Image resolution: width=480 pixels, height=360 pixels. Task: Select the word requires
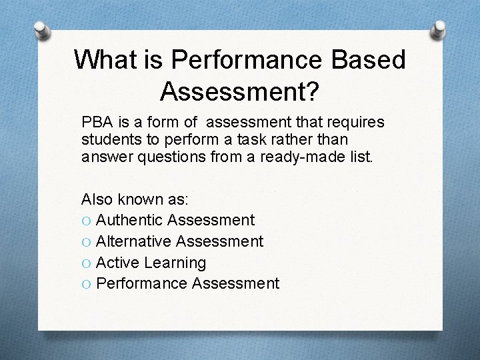[356, 123]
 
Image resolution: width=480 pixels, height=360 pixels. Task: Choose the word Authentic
[130, 220]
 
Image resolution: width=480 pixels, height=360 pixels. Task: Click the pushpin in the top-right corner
[441, 29]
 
